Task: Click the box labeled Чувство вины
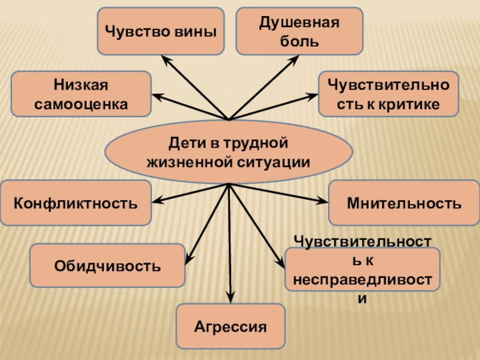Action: [x=160, y=30]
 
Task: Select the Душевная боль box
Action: [x=299, y=31]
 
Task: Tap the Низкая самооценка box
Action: [x=81, y=94]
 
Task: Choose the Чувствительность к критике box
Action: [x=388, y=94]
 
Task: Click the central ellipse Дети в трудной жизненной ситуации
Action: [x=229, y=152]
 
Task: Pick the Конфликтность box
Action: [x=76, y=203]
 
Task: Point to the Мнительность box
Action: [x=404, y=203]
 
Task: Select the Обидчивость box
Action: [x=107, y=265]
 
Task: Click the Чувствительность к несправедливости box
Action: [x=362, y=269]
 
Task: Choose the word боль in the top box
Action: [x=299, y=42]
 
